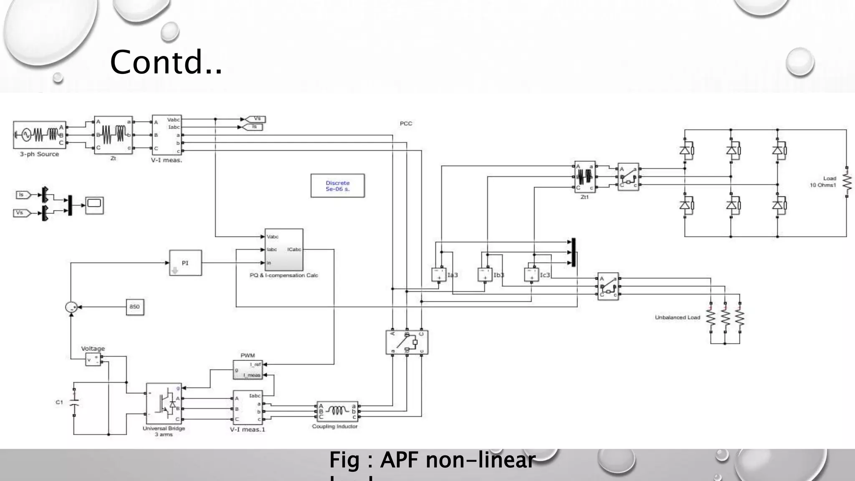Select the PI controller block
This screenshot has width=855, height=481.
tap(185, 263)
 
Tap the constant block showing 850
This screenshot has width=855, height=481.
tap(134, 307)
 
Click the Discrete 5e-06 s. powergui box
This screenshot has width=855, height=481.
tap(337, 186)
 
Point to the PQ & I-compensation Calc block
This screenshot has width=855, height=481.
tap(284, 250)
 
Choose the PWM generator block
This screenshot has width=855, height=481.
tap(248, 370)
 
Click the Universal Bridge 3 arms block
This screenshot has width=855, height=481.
tap(164, 403)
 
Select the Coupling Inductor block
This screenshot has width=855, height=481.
tap(337, 411)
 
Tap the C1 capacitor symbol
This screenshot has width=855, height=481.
tap(74, 403)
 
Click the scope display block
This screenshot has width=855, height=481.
tap(94, 205)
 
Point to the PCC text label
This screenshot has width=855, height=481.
tap(406, 124)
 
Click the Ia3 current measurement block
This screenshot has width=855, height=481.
tap(439, 275)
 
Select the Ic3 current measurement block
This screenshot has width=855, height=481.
tap(531, 275)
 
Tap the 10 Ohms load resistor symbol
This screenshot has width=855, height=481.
tap(847, 182)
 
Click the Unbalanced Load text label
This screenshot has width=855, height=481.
tap(677, 318)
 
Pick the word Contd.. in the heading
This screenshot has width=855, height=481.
tap(166, 62)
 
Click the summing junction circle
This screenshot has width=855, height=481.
tap(71, 307)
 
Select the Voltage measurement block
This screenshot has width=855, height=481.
tap(93, 359)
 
